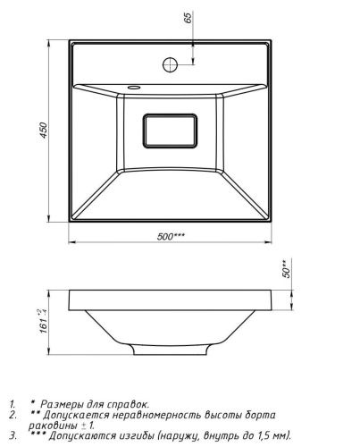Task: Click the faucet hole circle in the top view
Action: point(170,64)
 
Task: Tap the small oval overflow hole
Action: point(134,88)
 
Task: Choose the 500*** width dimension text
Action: point(172,237)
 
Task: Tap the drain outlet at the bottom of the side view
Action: point(170,351)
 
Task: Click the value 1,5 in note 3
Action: point(272,436)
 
